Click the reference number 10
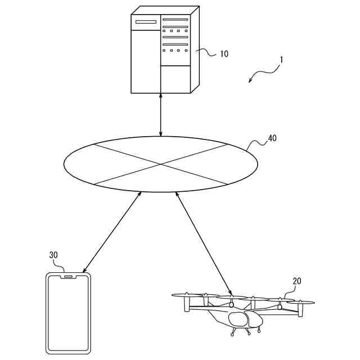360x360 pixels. [224, 55]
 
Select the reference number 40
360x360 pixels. [272, 138]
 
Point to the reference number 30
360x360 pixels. [53, 255]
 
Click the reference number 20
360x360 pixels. [298, 281]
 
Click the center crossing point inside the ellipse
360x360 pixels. [161, 164]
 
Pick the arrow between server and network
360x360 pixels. [161, 115]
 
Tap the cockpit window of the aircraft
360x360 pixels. [238, 319]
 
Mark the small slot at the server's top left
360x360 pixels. [145, 22]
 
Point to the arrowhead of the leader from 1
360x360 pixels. [250, 82]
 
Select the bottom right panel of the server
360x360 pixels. [175, 79]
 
